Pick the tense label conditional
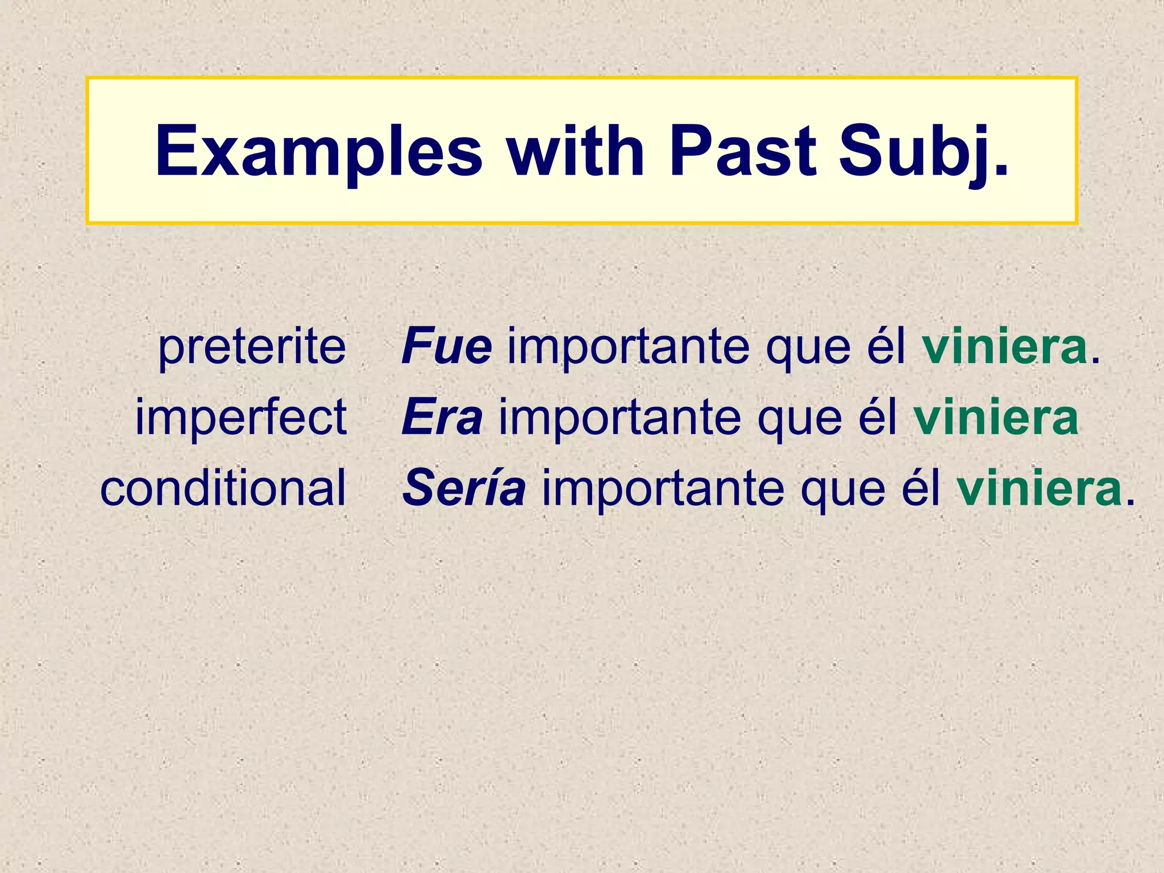pos(223,488)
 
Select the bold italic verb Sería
pos(464,488)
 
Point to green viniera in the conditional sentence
pos(1040,488)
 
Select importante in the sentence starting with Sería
pos(663,488)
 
